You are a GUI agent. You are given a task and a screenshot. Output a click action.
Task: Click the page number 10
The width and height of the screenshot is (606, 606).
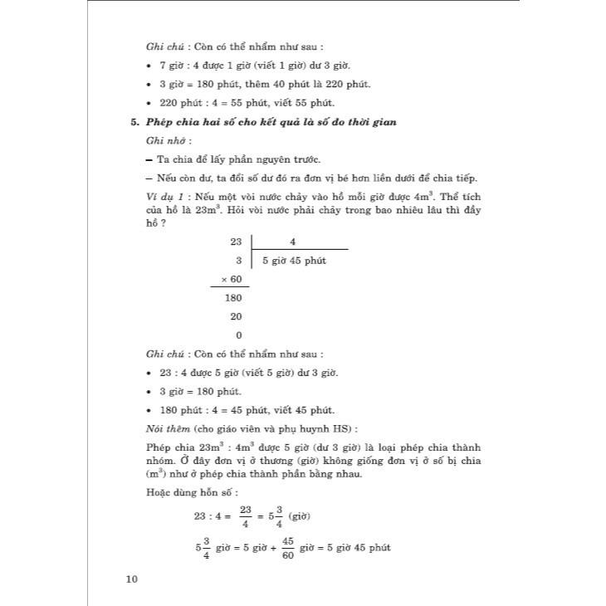[x=130, y=579]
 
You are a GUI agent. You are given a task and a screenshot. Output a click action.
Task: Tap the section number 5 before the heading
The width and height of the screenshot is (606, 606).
[x=134, y=121]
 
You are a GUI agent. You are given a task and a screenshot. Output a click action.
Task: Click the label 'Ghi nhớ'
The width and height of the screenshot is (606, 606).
[x=161, y=140]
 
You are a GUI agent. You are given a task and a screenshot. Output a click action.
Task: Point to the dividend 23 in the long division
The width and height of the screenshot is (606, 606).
[x=236, y=242]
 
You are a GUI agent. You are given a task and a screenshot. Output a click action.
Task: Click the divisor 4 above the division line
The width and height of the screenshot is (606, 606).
[x=293, y=242]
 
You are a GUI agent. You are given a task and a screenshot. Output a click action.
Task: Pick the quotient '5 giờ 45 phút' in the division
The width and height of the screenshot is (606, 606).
[x=294, y=261]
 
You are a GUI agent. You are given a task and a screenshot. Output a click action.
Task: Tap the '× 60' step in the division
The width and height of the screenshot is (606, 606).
[x=231, y=279]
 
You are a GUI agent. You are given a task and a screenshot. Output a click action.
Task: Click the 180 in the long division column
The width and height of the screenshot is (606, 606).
[x=233, y=298]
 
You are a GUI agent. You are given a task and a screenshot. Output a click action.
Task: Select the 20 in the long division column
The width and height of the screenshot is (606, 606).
[x=237, y=316]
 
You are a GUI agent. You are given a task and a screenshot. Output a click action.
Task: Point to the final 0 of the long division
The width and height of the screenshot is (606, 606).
[x=239, y=335]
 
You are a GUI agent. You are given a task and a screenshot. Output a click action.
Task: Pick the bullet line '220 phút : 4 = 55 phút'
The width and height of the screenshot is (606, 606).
[x=240, y=103]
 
